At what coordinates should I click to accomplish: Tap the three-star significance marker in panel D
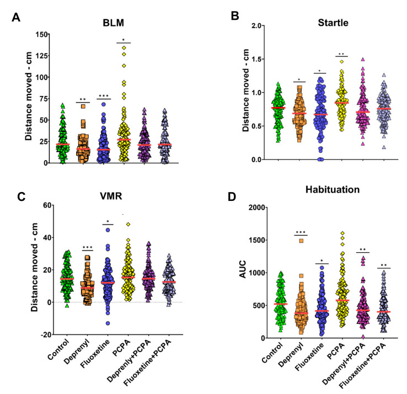(x=302, y=233)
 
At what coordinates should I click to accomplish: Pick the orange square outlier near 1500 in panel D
(x=302, y=240)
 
